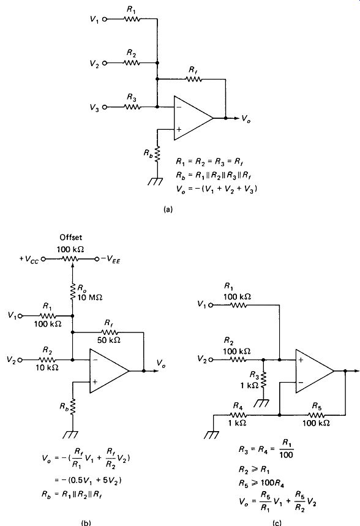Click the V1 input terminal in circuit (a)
tap(104, 20)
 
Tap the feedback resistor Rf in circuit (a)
tap(194, 80)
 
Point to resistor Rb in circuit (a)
tap(157, 154)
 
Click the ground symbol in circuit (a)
tap(156, 181)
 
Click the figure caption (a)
tap(167, 209)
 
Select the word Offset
tap(71, 238)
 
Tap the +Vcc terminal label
tap(29, 260)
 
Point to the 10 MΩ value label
tap(89, 297)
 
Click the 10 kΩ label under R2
tap(47, 367)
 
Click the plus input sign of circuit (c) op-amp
tap(301, 360)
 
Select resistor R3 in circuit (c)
tap(263, 379)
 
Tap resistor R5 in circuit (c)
tap(316, 415)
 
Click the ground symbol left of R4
tap(211, 435)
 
